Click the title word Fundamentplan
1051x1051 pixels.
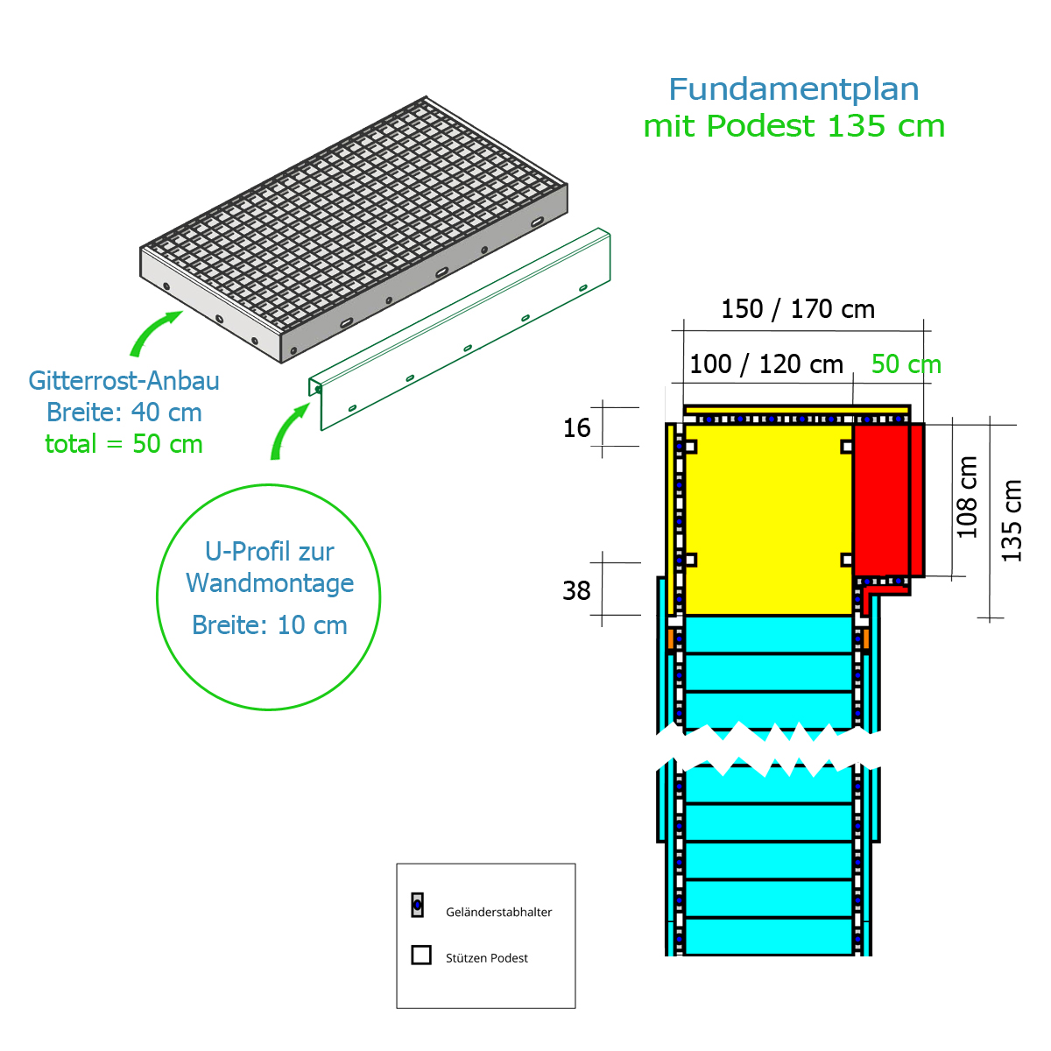tap(794, 89)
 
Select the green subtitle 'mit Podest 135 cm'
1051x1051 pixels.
tap(794, 126)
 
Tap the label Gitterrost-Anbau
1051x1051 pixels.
tap(123, 381)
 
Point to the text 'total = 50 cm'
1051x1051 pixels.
tap(123, 444)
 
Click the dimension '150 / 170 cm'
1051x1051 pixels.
tap(797, 309)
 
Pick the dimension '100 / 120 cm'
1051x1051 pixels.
tap(765, 364)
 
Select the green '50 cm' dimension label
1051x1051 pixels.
tap(906, 364)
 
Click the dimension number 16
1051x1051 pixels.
tap(576, 428)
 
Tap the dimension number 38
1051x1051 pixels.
tap(576, 591)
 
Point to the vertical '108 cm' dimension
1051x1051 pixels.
tap(966, 497)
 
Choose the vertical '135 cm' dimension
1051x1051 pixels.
tap(1012, 520)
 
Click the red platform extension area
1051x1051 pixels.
tap(883, 499)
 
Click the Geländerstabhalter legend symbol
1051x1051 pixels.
tap(417, 906)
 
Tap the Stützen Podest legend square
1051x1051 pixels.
tap(421, 955)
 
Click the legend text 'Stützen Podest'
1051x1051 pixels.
tap(486, 958)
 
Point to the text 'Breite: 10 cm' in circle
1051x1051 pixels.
tap(269, 625)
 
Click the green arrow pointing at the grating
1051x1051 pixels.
tap(154, 333)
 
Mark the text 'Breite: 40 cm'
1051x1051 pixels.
tap(123, 413)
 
